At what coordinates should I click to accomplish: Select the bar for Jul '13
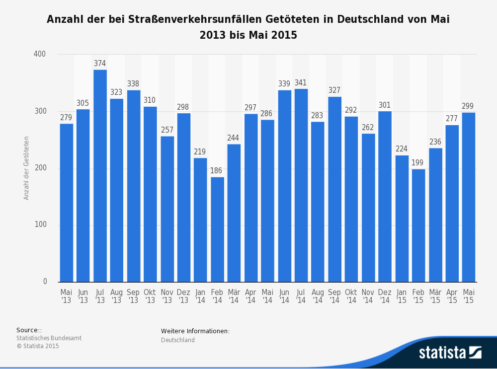click(x=100, y=176)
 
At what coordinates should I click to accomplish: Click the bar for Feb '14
click(x=217, y=229)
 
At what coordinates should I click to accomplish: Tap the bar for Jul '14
click(x=301, y=185)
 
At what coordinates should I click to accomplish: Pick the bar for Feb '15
click(x=418, y=225)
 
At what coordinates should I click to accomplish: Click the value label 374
click(x=100, y=64)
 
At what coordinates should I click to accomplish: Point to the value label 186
click(x=217, y=171)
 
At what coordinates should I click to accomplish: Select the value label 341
click(x=301, y=83)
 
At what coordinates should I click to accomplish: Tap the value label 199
click(x=418, y=163)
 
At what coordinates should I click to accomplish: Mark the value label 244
click(x=234, y=138)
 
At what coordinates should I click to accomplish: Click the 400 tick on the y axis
click(x=40, y=54)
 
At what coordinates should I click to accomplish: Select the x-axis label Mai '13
click(x=66, y=296)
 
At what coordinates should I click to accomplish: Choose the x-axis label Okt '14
click(x=351, y=296)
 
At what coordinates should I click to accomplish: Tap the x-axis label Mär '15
click(x=435, y=296)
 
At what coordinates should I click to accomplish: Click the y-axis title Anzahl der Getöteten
click(x=27, y=168)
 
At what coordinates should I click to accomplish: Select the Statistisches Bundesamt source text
click(x=49, y=338)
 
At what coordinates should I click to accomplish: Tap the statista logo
click(x=450, y=353)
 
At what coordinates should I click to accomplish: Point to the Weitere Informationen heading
click(x=195, y=331)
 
